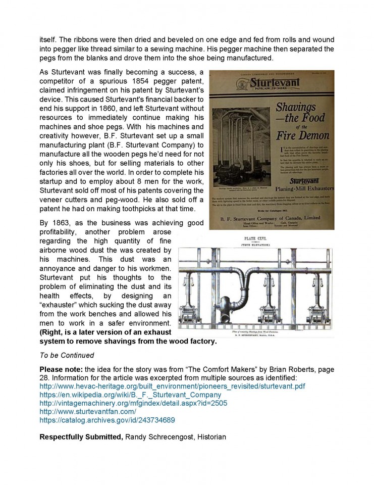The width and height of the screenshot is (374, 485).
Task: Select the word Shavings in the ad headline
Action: click(x=296, y=108)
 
